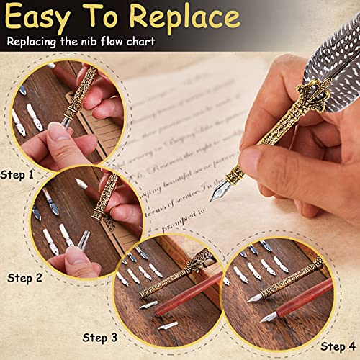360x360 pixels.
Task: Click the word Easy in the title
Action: (x=42, y=19)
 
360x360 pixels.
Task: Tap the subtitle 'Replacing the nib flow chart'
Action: (x=81, y=42)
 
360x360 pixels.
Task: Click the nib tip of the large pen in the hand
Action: (x=216, y=195)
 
